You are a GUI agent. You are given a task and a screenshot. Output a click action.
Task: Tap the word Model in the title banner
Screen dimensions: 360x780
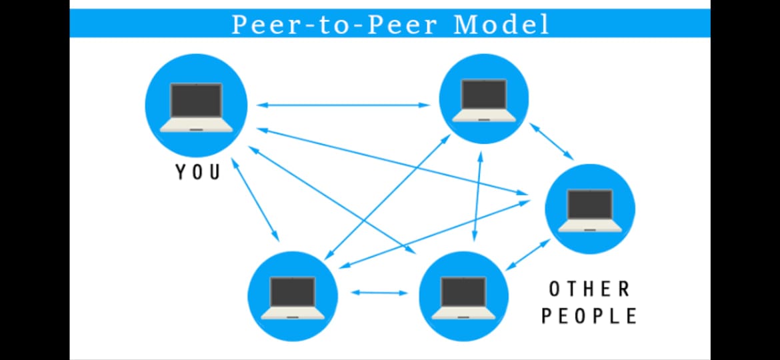coord(501,25)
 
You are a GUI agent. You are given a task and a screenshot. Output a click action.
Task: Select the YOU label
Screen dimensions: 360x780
coord(198,172)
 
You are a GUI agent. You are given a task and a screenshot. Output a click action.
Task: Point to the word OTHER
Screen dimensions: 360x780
coord(589,289)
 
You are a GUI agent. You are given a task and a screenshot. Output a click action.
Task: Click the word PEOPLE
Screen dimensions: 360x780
coord(589,315)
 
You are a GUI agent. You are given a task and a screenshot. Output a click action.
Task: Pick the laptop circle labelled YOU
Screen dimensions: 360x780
coord(197,105)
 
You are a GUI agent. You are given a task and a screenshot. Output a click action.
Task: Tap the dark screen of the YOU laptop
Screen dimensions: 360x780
coord(196,100)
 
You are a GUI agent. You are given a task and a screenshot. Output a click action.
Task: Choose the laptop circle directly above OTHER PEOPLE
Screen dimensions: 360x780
coord(590,209)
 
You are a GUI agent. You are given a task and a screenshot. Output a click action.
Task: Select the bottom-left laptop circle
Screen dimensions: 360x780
coord(293,296)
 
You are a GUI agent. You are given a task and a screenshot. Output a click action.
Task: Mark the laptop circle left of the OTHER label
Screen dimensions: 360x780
coord(463,296)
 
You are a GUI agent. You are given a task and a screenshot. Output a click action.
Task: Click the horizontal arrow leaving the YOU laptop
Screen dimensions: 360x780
coord(343,105)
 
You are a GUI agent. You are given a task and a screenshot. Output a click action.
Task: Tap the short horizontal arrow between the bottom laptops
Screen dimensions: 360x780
coord(379,292)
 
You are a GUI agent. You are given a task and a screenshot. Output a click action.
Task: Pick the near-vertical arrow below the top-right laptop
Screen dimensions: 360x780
coord(477,196)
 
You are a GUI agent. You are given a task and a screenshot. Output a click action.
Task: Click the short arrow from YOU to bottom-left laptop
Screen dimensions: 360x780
coord(255,199)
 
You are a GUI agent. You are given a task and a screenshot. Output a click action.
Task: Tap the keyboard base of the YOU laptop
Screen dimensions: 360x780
coord(196,125)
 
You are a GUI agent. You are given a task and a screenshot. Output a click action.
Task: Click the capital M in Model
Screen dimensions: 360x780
coord(465,25)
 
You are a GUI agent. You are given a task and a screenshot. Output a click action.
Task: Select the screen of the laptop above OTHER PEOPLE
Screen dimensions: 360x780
coord(589,204)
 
